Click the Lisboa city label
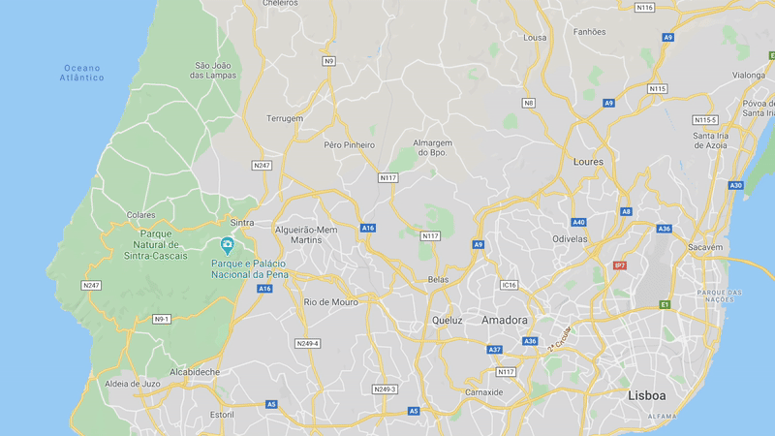(x=647, y=395)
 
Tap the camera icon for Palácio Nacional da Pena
(x=227, y=244)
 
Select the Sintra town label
(x=242, y=223)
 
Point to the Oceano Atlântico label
(x=83, y=73)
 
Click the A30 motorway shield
(x=736, y=185)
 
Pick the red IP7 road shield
(x=620, y=265)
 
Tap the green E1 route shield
(x=665, y=304)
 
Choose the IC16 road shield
(x=510, y=285)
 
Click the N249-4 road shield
(x=307, y=343)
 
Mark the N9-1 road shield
(x=162, y=319)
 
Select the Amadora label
(x=505, y=320)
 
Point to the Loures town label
(x=588, y=162)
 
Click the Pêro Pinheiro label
(x=349, y=144)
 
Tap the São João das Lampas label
(x=211, y=70)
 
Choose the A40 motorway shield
(x=578, y=222)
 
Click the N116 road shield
(x=644, y=8)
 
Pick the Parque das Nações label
(x=720, y=296)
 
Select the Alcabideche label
(x=195, y=372)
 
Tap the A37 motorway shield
(x=495, y=349)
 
